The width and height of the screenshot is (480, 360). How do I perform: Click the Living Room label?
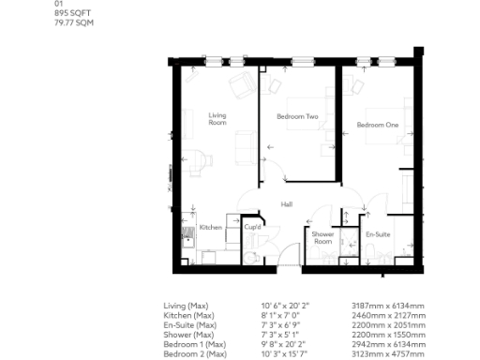(217, 118)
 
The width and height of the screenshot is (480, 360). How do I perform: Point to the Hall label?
(289, 202)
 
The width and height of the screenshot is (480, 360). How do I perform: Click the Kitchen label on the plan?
(210, 227)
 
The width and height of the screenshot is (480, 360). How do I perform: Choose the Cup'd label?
(252, 227)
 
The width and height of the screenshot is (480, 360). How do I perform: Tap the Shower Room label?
(322, 237)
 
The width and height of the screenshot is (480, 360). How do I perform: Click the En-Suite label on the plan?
(378, 232)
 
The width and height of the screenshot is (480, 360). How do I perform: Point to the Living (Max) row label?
(186, 306)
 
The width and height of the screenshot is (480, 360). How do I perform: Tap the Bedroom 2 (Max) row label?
(195, 354)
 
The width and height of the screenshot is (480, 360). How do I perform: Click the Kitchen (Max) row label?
(187, 314)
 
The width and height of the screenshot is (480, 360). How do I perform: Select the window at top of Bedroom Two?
(302, 62)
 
